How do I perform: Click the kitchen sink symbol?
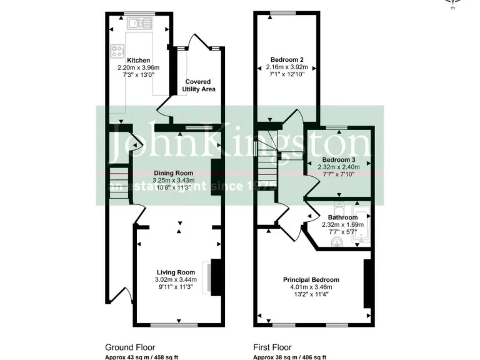point(138,24)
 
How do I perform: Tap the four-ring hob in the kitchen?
point(117,51)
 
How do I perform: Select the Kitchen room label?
point(138,61)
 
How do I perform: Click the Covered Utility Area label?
point(198,86)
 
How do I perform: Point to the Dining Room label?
point(173,173)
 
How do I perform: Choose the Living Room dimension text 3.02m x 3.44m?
point(175,279)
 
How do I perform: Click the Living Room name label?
point(175,272)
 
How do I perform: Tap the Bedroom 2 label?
point(286,59)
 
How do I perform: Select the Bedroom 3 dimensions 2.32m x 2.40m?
point(338,167)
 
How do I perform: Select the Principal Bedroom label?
point(311,279)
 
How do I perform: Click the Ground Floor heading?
point(129,347)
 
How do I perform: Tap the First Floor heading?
point(272,347)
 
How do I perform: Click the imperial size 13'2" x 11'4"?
point(311,294)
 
